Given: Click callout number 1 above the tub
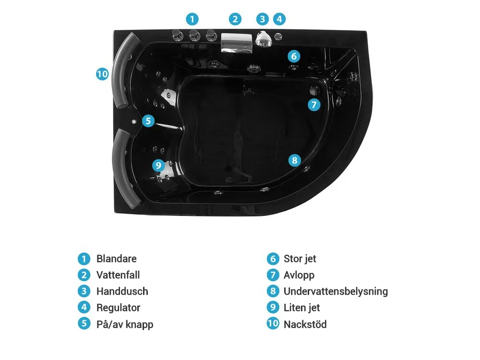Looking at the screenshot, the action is pyautogui.click(x=192, y=19).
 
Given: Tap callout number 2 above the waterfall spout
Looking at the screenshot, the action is pyautogui.click(x=235, y=19).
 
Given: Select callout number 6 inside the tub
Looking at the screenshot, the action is pyautogui.click(x=294, y=56).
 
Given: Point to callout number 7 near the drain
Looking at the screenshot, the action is pyautogui.click(x=314, y=105).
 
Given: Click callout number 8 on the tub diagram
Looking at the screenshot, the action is pyautogui.click(x=295, y=160).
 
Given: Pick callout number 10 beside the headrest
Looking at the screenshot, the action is pyautogui.click(x=102, y=74).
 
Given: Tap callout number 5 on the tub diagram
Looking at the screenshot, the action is pyautogui.click(x=148, y=120).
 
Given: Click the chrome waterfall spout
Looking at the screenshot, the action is pyautogui.click(x=237, y=43).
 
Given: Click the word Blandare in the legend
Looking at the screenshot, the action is pyautogui.click(x=117, y=259).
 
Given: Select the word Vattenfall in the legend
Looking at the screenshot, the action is pyautogui.click(x=118, y=275).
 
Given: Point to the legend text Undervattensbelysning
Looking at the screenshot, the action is pyautogui.click(x=336, y=291).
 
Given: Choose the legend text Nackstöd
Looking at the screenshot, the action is pyautogui.click(x=305, y=324).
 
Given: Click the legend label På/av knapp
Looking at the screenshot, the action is pyautogui.click(x=125, y=324).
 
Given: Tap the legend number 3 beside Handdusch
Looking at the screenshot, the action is pyautogui.click(x=84, y=291).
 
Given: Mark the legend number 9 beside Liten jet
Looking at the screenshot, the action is pyautogui.click(x=273, y=307).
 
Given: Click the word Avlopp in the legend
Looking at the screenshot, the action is pyautogui.click(x=299, y=275).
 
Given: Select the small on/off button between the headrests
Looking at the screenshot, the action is pyautogui.click(x=134, y=121).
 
